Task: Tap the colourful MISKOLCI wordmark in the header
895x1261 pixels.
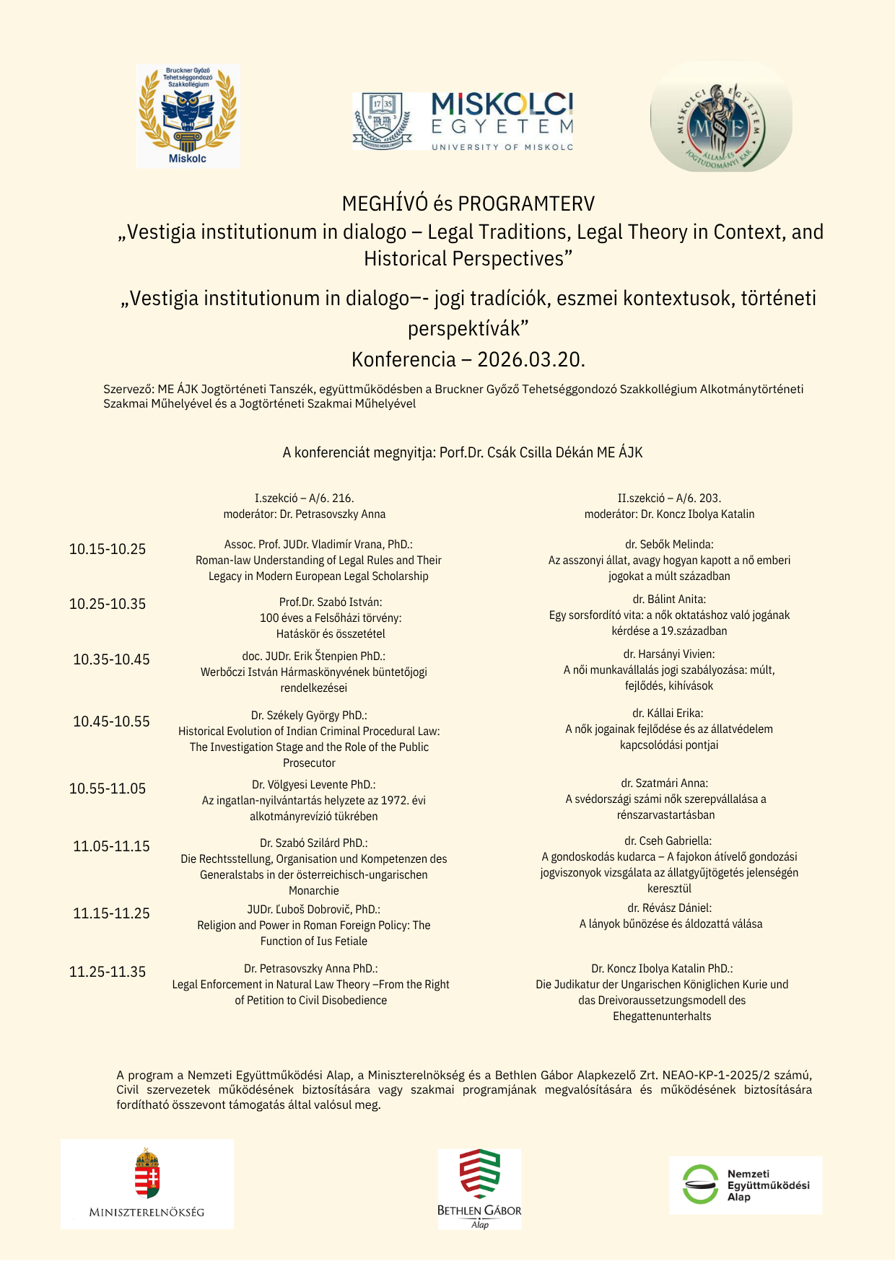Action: click(502, 105)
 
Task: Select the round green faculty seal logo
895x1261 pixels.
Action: click(721, 116)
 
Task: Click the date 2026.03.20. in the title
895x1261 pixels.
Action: click(531, 359)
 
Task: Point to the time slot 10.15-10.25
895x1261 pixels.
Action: click(108, 549)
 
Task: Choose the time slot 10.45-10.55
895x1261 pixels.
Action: click(111, 721)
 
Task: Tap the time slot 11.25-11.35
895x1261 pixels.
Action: click(108, 972)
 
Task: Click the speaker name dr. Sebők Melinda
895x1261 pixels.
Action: click(669, 545)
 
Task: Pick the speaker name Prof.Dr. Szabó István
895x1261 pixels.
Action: click(331, 602)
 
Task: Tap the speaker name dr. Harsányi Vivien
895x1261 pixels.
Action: click(669, 654)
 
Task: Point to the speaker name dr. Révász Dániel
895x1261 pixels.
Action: click(669, 908)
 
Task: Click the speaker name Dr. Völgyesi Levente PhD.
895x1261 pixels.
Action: click(313, 785)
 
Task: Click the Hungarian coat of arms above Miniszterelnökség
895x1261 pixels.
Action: click(147, 1174)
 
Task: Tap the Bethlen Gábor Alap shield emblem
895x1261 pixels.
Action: click(479, 1174)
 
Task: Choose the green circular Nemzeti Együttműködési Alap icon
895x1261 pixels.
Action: click(700, 1185)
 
